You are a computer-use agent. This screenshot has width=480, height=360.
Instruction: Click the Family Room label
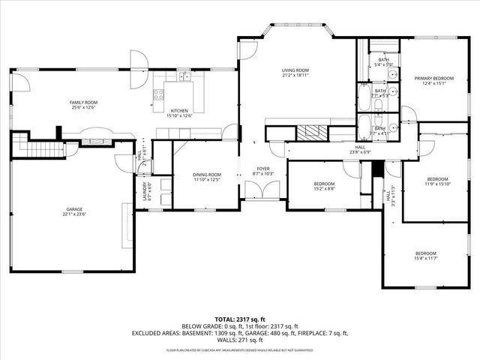click(84, 104)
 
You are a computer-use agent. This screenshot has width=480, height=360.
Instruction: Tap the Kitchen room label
click(178, 113)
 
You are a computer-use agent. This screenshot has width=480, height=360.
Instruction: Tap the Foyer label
click(264, 171)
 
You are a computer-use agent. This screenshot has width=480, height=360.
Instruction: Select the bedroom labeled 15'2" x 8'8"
click(324, 186)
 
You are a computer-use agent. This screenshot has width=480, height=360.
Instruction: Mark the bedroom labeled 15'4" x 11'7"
click(425, 256)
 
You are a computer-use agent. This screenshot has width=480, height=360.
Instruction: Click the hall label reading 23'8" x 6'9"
click(360, 150)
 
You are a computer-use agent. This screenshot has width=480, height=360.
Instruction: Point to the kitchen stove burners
click(158, 94)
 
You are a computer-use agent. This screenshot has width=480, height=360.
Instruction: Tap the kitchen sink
click(183, 76)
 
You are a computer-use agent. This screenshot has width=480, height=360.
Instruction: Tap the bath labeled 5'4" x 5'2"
click(383, 62)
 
